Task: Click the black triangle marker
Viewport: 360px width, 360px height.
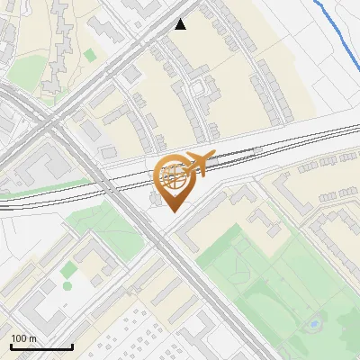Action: (181, 24)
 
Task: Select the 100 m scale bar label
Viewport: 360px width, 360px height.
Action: (23, 338)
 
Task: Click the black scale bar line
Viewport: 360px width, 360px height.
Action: (41, 346)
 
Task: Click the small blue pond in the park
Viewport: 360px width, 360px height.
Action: (314, 322)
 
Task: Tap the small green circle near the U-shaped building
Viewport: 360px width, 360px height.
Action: (67, 286)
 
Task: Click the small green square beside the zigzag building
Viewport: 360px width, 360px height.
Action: (90, 56)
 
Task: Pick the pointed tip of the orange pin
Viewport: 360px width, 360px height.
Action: (174, 211)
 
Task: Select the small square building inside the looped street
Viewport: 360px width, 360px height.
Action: (197, 89)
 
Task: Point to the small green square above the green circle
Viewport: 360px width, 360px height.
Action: (67, 268)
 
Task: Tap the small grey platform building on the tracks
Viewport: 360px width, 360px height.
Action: (108, 154)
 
